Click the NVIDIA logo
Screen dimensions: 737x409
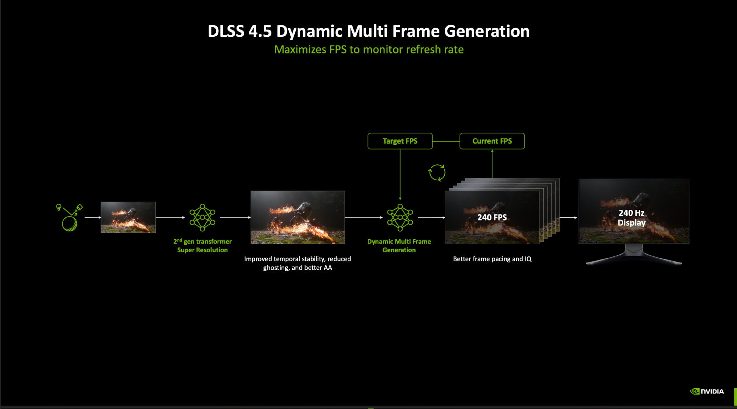tap(707, 391)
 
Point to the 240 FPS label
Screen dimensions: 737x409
tap(492, 217)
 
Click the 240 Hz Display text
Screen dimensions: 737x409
tap(632, 218)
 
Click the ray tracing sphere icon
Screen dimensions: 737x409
tap(69, 218)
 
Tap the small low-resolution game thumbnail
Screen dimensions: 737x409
tap(128, 217)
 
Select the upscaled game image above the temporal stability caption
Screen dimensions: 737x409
tap(298, 217)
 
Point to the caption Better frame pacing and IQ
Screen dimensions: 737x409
tap(492, 259)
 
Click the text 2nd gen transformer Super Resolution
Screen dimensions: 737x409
tap(202, 246)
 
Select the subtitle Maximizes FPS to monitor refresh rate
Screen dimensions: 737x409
tap(369, 50)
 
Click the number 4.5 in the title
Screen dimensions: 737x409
tap(260, 31)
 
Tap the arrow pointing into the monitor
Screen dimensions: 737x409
tap(568, 218)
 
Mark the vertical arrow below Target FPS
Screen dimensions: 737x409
tap(400, 175)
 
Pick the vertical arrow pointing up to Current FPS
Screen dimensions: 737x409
tap(492, 164)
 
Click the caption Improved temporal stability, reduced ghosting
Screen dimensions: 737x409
tap(298, 263)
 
